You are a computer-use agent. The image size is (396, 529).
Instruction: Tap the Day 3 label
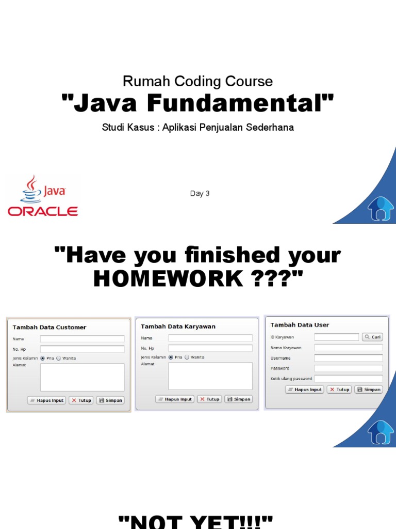pyautogui.click(x=200, y=194)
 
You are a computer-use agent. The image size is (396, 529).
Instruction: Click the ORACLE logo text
pyautogui.click(x=42, y=211)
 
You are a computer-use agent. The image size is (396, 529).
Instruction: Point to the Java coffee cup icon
pyautogui.click(x=31, y=189)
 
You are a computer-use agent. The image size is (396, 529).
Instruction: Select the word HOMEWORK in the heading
pyautogui.click(x=168, y=279)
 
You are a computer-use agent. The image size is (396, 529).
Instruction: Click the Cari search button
pyautogui.click(x=372, y=337)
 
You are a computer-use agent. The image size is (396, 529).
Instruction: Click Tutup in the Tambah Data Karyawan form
pyautogui.click(x=209, y=399)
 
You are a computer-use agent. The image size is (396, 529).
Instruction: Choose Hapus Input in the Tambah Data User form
pyautogui.click(x=305, y=390)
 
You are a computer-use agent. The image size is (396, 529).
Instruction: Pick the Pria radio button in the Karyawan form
pyautogui.click(x=171, y=357)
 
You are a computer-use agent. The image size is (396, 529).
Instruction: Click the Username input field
pyautogui.click(x=349, y=358)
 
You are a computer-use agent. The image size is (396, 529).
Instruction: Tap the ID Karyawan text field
pyautogui.click(x=336, y=337)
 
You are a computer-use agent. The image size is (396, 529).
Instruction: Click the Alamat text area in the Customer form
pyautogui.click(x=82, y=377)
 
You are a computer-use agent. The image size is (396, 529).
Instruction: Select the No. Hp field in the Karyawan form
pyautogui.click(x=210, y=348)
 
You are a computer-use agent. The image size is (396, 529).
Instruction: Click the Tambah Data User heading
pyautogui.click(x=300, y=325)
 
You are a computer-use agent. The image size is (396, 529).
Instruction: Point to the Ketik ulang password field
pyautogui.click(x=349, y=379)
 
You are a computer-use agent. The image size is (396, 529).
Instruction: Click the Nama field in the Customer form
pyautogui.click(x=82, y=339)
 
